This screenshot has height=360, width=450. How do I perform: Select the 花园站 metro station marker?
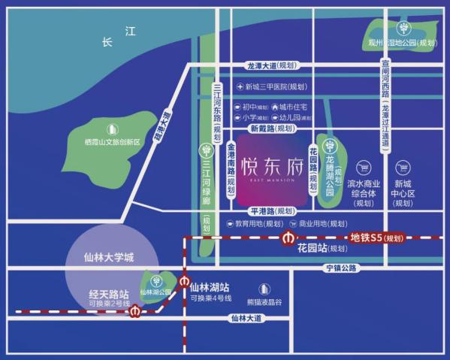point(288,239)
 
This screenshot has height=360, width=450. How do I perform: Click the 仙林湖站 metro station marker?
point(186,282)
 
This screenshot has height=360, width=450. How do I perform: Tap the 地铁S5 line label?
point(376,238)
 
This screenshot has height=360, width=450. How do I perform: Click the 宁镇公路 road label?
point(342,268)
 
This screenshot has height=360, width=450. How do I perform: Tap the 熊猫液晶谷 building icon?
point(264,288)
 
